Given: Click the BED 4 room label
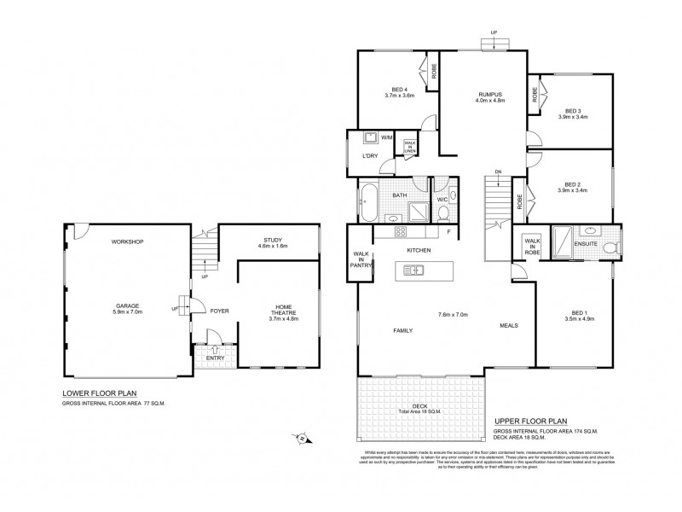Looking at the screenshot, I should pos(399,89).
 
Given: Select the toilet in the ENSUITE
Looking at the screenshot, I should pos(609,247).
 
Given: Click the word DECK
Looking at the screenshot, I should pos(420,406).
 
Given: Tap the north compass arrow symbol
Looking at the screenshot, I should pos(302,439).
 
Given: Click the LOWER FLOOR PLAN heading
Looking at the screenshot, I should pos(99,393).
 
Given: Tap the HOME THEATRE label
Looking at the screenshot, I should pos(284,309).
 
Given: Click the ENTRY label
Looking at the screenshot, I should pos(215,358).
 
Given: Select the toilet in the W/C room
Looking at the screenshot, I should pos(454,197).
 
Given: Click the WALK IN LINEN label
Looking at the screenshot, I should pos(410,147).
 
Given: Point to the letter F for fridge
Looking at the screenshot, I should pos(448,232).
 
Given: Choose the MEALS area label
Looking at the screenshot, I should pos(510,325).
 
